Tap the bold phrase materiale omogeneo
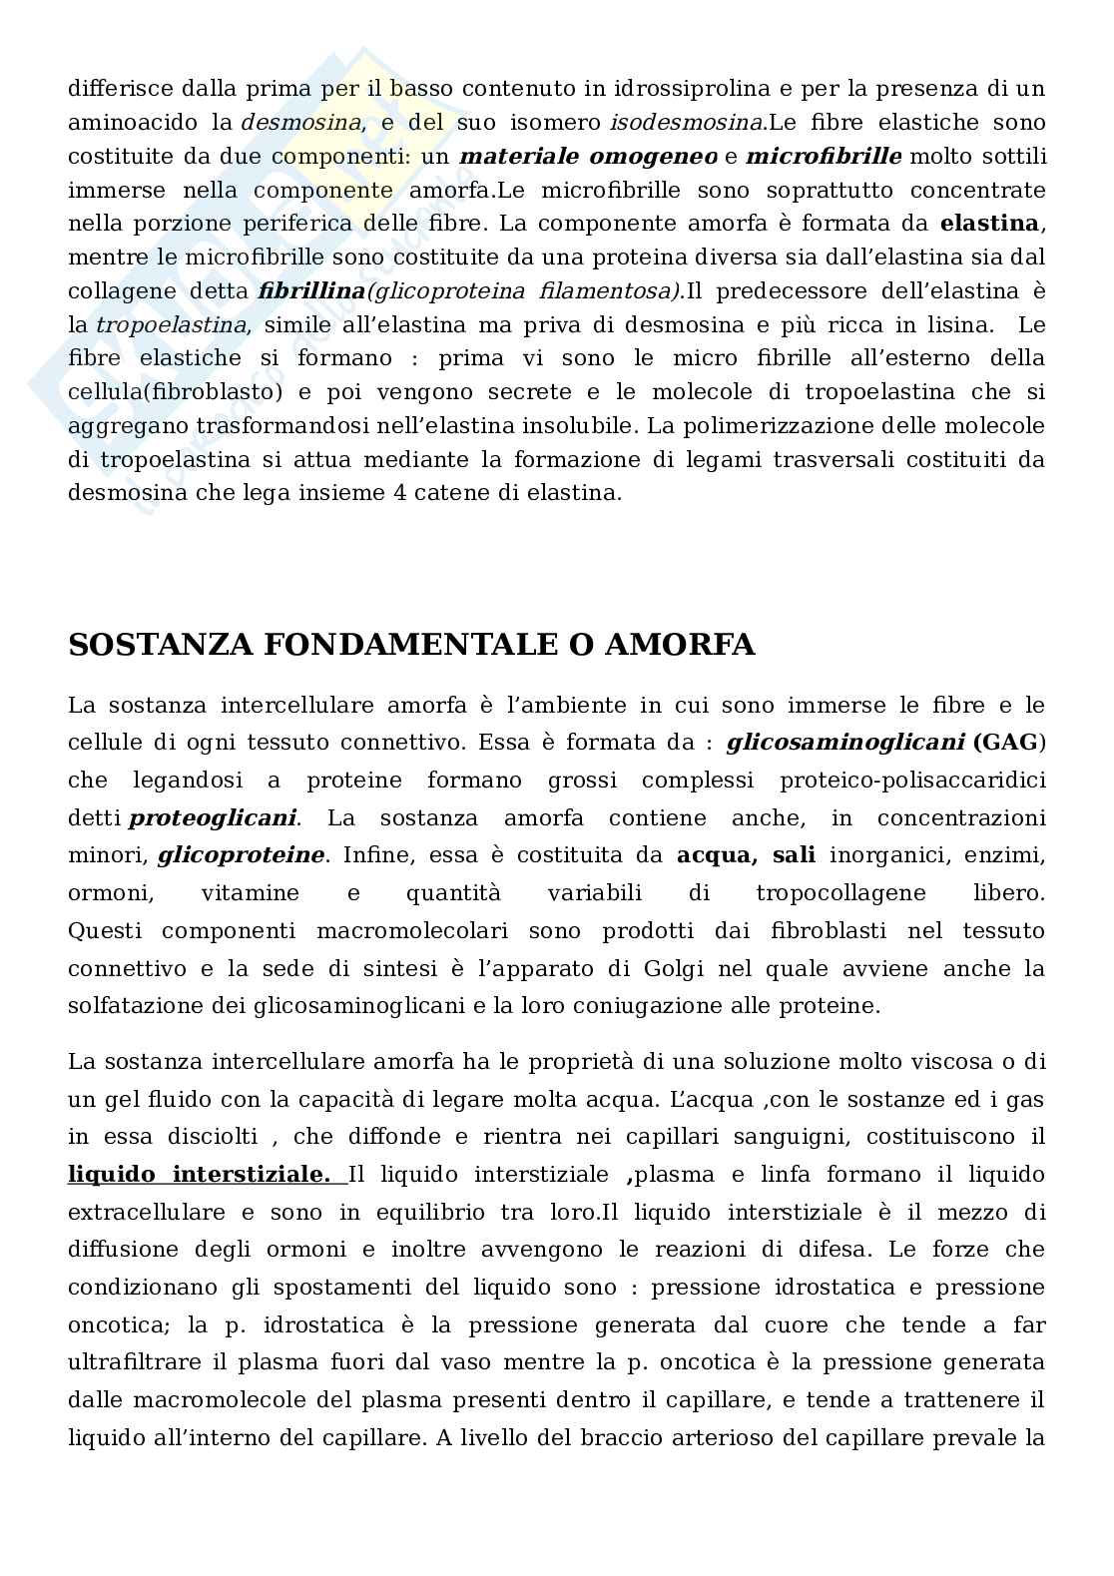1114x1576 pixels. tap(588, 157)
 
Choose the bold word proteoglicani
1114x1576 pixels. tap(213, 818)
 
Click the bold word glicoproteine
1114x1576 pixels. tap(241, 855)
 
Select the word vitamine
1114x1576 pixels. tap(250, 893)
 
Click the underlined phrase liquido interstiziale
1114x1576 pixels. tap(200, 1175)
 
